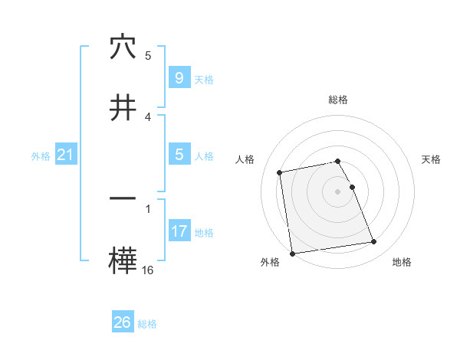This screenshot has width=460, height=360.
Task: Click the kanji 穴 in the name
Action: pyautogui.click(x=123, y=48)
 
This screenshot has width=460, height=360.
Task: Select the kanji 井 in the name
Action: pyautogui.click(x=123, y=107)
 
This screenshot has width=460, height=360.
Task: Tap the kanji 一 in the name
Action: pyautogui.click(x=123, y=198)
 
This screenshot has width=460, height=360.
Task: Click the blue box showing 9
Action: pyautogui.click(x=179, y=77)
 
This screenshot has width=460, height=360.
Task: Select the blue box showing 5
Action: pyautogui.click(x=179, y=155)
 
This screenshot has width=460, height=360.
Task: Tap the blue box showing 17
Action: pyautogui.click(x=179, y=231)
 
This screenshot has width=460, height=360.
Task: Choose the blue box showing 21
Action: pyautogui.click(x=65, y=155)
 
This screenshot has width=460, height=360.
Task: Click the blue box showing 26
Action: pyautogui.click(x=122, y=322)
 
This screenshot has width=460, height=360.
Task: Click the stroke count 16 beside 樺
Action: pyautogui.click(x=147, y=270)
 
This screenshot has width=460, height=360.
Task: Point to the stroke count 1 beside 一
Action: pyautogui.click(x=147, y=208)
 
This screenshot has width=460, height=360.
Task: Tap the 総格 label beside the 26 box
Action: pyautogui.click(x=147, y=324)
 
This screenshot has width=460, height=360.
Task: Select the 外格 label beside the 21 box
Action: pyautogui.click(x=41, y=156)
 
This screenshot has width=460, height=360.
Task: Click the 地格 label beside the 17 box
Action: pyautogui.click(x=204, y=233)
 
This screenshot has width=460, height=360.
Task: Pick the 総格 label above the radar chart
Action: pyautogui.click(x=338, y=100)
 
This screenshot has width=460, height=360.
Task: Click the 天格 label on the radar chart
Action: pyautogui.click(x=432, y=159)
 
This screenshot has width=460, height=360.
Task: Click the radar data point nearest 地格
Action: pyautogui.click(x=374, y=242)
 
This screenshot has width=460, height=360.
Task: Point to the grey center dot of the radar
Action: pyautogui.click(x=338, y=191)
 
